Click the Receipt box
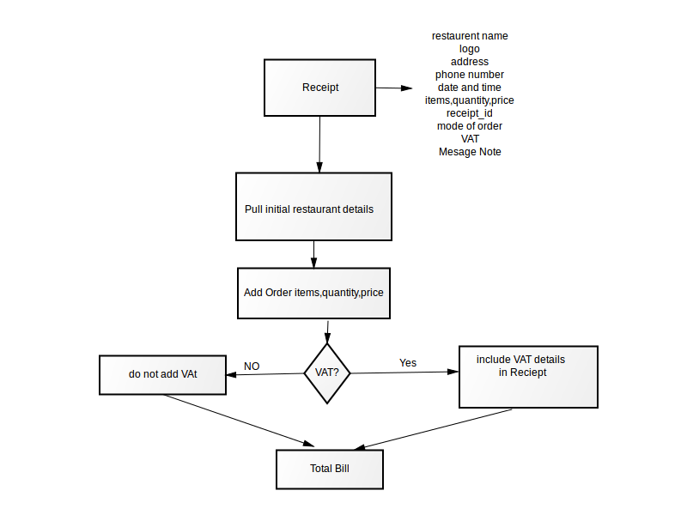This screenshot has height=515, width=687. click(x=319, y=88)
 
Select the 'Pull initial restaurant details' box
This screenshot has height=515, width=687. click(x=313, y=207)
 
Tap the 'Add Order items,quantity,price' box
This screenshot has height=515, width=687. click(x=313, y=293)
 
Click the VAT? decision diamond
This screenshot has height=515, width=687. click(x=327, y=373)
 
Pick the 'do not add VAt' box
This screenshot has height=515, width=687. click(x=162, y=375)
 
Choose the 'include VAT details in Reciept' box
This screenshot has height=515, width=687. click(x=528, y=377)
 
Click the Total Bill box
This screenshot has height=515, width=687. click(x=330, y=469)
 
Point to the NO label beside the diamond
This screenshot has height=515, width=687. click(x=252, y=367)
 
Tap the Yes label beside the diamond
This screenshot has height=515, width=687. click(x=408, y=362)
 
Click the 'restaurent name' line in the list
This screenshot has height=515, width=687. click(x=470, y=36)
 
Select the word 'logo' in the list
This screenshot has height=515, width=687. click(x=470, y=49)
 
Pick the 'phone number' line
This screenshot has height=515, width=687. click(x=470, y=75)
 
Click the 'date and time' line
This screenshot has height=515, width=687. click(x=470, y=88)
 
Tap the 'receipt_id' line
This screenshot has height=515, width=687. click(x=470, y=113)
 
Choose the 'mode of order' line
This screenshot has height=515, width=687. click(x=470, y=126)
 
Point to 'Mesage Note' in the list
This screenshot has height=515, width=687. click(x=470, y=152)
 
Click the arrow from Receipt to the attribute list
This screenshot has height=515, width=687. click(x=394, y=88)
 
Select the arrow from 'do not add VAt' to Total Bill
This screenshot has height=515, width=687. click(x=240, y=421)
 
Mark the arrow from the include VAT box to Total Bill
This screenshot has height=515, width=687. click(x=433, y=430)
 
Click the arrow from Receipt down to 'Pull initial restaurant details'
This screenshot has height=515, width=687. click(x=319, y=144)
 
